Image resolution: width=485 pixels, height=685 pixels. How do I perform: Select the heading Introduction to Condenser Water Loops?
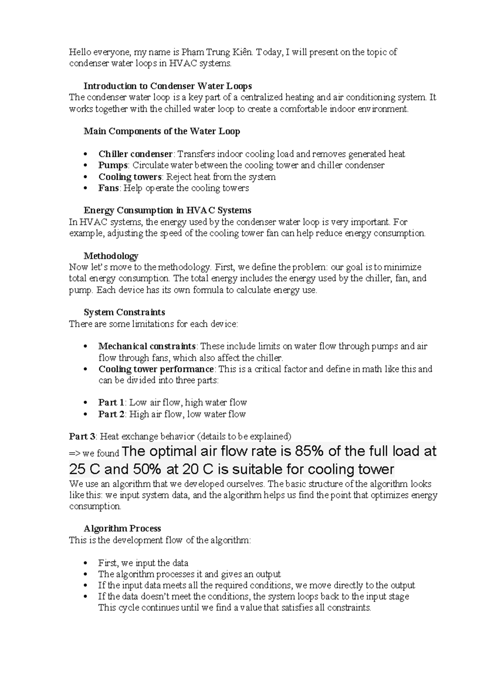tap(167, 86)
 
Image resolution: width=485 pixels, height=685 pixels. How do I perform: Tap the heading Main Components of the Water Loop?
tap(162, 131)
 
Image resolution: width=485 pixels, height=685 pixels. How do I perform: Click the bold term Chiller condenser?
tap(135, 154)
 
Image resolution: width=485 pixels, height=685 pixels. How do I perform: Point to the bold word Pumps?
tap(113, 165)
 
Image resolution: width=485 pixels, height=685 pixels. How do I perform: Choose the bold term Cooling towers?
tap(130, 177)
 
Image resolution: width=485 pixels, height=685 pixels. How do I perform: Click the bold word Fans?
tap(108, 188)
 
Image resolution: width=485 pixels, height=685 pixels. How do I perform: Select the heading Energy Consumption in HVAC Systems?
tap(167, 210)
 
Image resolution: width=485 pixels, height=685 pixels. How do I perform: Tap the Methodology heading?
tap(111, 256)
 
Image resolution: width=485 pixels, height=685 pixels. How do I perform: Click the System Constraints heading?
tap(124, 312)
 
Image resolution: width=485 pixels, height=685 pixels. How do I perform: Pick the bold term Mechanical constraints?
tap(147, 347)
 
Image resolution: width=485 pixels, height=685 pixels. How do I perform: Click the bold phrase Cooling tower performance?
tap(156, 369)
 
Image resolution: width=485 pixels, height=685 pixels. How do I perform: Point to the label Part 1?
tap(111, 403)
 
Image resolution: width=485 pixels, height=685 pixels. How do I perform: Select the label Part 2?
tap(111, 414)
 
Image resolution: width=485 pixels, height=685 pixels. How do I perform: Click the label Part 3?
tap(82, 437)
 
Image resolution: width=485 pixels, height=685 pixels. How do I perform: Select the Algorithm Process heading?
tap(122, 529)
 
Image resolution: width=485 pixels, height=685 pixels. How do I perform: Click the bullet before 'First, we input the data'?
tap(84, 563)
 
